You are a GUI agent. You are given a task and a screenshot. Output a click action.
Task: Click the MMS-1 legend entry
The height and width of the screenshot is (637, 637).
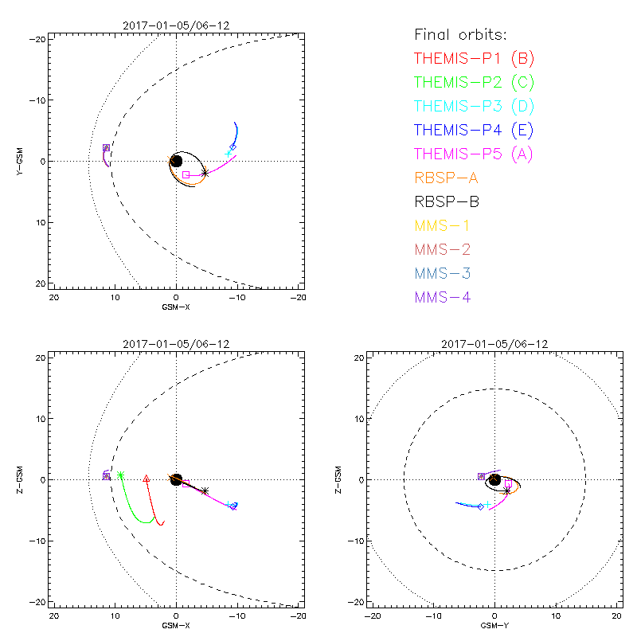tap(442, 225)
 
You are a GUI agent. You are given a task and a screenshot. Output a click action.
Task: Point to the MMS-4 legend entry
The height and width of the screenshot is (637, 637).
tap(442, 298)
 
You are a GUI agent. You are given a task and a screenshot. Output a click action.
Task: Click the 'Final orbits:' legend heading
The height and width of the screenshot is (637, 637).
tap(460, 34)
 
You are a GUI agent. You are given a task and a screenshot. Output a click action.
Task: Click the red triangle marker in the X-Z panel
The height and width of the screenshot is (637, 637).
tap(146, 479)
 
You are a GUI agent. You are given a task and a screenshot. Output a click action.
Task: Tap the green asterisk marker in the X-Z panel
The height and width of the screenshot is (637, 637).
tap(120, 475)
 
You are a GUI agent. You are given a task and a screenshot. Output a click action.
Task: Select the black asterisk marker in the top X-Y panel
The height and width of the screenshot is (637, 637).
tap(205, 172)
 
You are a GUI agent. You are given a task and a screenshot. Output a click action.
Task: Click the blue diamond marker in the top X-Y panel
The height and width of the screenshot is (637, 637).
tap(233, 147)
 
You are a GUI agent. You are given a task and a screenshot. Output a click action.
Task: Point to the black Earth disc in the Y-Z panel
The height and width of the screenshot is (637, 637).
tap(494, 479)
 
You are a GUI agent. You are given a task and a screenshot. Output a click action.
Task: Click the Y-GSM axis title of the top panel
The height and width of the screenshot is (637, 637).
tap(20, 161)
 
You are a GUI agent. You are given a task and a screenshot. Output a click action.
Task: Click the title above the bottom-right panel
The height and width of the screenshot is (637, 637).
tap(494, 344)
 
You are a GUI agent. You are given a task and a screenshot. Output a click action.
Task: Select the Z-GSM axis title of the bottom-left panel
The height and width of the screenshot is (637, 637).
tap(20, 479)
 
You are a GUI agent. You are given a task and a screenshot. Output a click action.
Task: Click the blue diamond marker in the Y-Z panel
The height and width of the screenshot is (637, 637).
tap(481, 506)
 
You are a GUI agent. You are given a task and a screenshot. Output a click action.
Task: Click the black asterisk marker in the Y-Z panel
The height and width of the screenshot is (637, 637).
tap(507, 490)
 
